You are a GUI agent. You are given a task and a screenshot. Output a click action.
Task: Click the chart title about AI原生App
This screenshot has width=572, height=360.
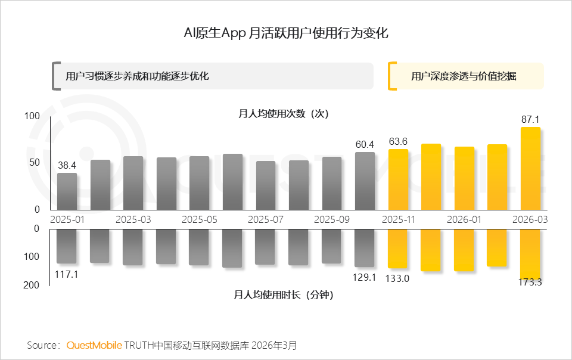tap(286, 33)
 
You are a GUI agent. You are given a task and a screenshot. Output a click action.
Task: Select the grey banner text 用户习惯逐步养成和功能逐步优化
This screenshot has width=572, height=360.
tap(137, 76)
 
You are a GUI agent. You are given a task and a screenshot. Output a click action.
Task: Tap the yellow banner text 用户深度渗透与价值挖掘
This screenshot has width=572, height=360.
tap(464, 76)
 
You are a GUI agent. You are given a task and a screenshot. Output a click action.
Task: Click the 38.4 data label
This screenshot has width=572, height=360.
tap(67, 165)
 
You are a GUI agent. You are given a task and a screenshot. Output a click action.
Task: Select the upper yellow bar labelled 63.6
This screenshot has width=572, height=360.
tap(398, 179)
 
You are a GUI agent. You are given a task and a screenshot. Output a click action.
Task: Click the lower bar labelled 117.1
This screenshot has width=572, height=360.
tap(67, 246)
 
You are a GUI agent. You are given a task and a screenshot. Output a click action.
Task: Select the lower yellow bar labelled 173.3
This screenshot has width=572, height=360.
tap(530, 253)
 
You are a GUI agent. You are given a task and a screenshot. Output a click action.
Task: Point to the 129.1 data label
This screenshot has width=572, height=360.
tap(364, 277)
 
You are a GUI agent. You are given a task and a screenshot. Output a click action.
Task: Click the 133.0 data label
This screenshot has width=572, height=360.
tap(398, 278)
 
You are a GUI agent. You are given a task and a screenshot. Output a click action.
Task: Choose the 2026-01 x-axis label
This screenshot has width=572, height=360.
tap(464, 219)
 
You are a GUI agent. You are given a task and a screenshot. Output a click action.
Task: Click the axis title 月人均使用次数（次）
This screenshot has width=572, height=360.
tap(284, 113)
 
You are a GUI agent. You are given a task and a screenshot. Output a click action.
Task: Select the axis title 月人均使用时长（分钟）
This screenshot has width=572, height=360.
tap(284, 294)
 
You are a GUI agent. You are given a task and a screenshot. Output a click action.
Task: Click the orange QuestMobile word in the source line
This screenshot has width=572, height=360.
tap(95, 345)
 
